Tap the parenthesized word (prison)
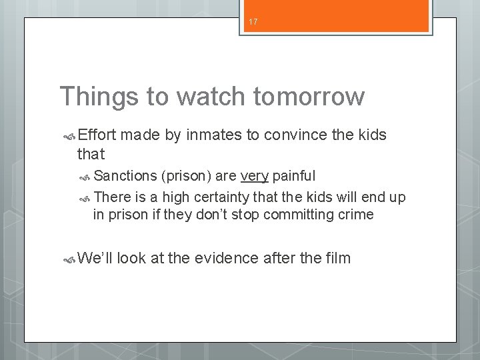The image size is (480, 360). click(186, 176)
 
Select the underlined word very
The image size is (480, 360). click(254, 176)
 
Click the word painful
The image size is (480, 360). click(294, 176)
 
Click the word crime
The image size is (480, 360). click(355, 215)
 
